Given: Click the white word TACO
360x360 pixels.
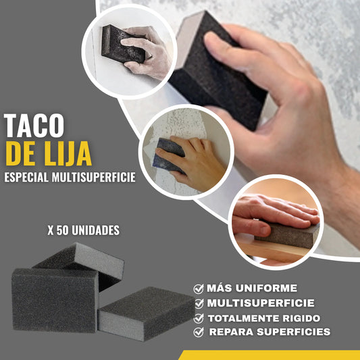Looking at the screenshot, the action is [34, 126].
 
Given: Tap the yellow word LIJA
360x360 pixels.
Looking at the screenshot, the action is [68, 153].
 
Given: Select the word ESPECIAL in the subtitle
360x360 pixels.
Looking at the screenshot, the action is [26, 177].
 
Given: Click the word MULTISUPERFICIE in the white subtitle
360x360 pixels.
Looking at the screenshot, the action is [93, 177].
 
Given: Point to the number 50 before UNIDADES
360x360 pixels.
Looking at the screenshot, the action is [62, 230].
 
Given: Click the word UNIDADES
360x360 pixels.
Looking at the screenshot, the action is [95, 230].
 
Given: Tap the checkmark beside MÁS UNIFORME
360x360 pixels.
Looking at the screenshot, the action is [199, 288].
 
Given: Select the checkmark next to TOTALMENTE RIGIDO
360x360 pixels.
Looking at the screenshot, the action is [199, 318].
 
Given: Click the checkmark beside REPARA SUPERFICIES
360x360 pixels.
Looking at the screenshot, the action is [199, 332].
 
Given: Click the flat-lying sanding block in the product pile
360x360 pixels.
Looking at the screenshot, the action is [147, 313].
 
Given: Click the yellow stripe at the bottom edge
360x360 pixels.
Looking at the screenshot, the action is [269, 355].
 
